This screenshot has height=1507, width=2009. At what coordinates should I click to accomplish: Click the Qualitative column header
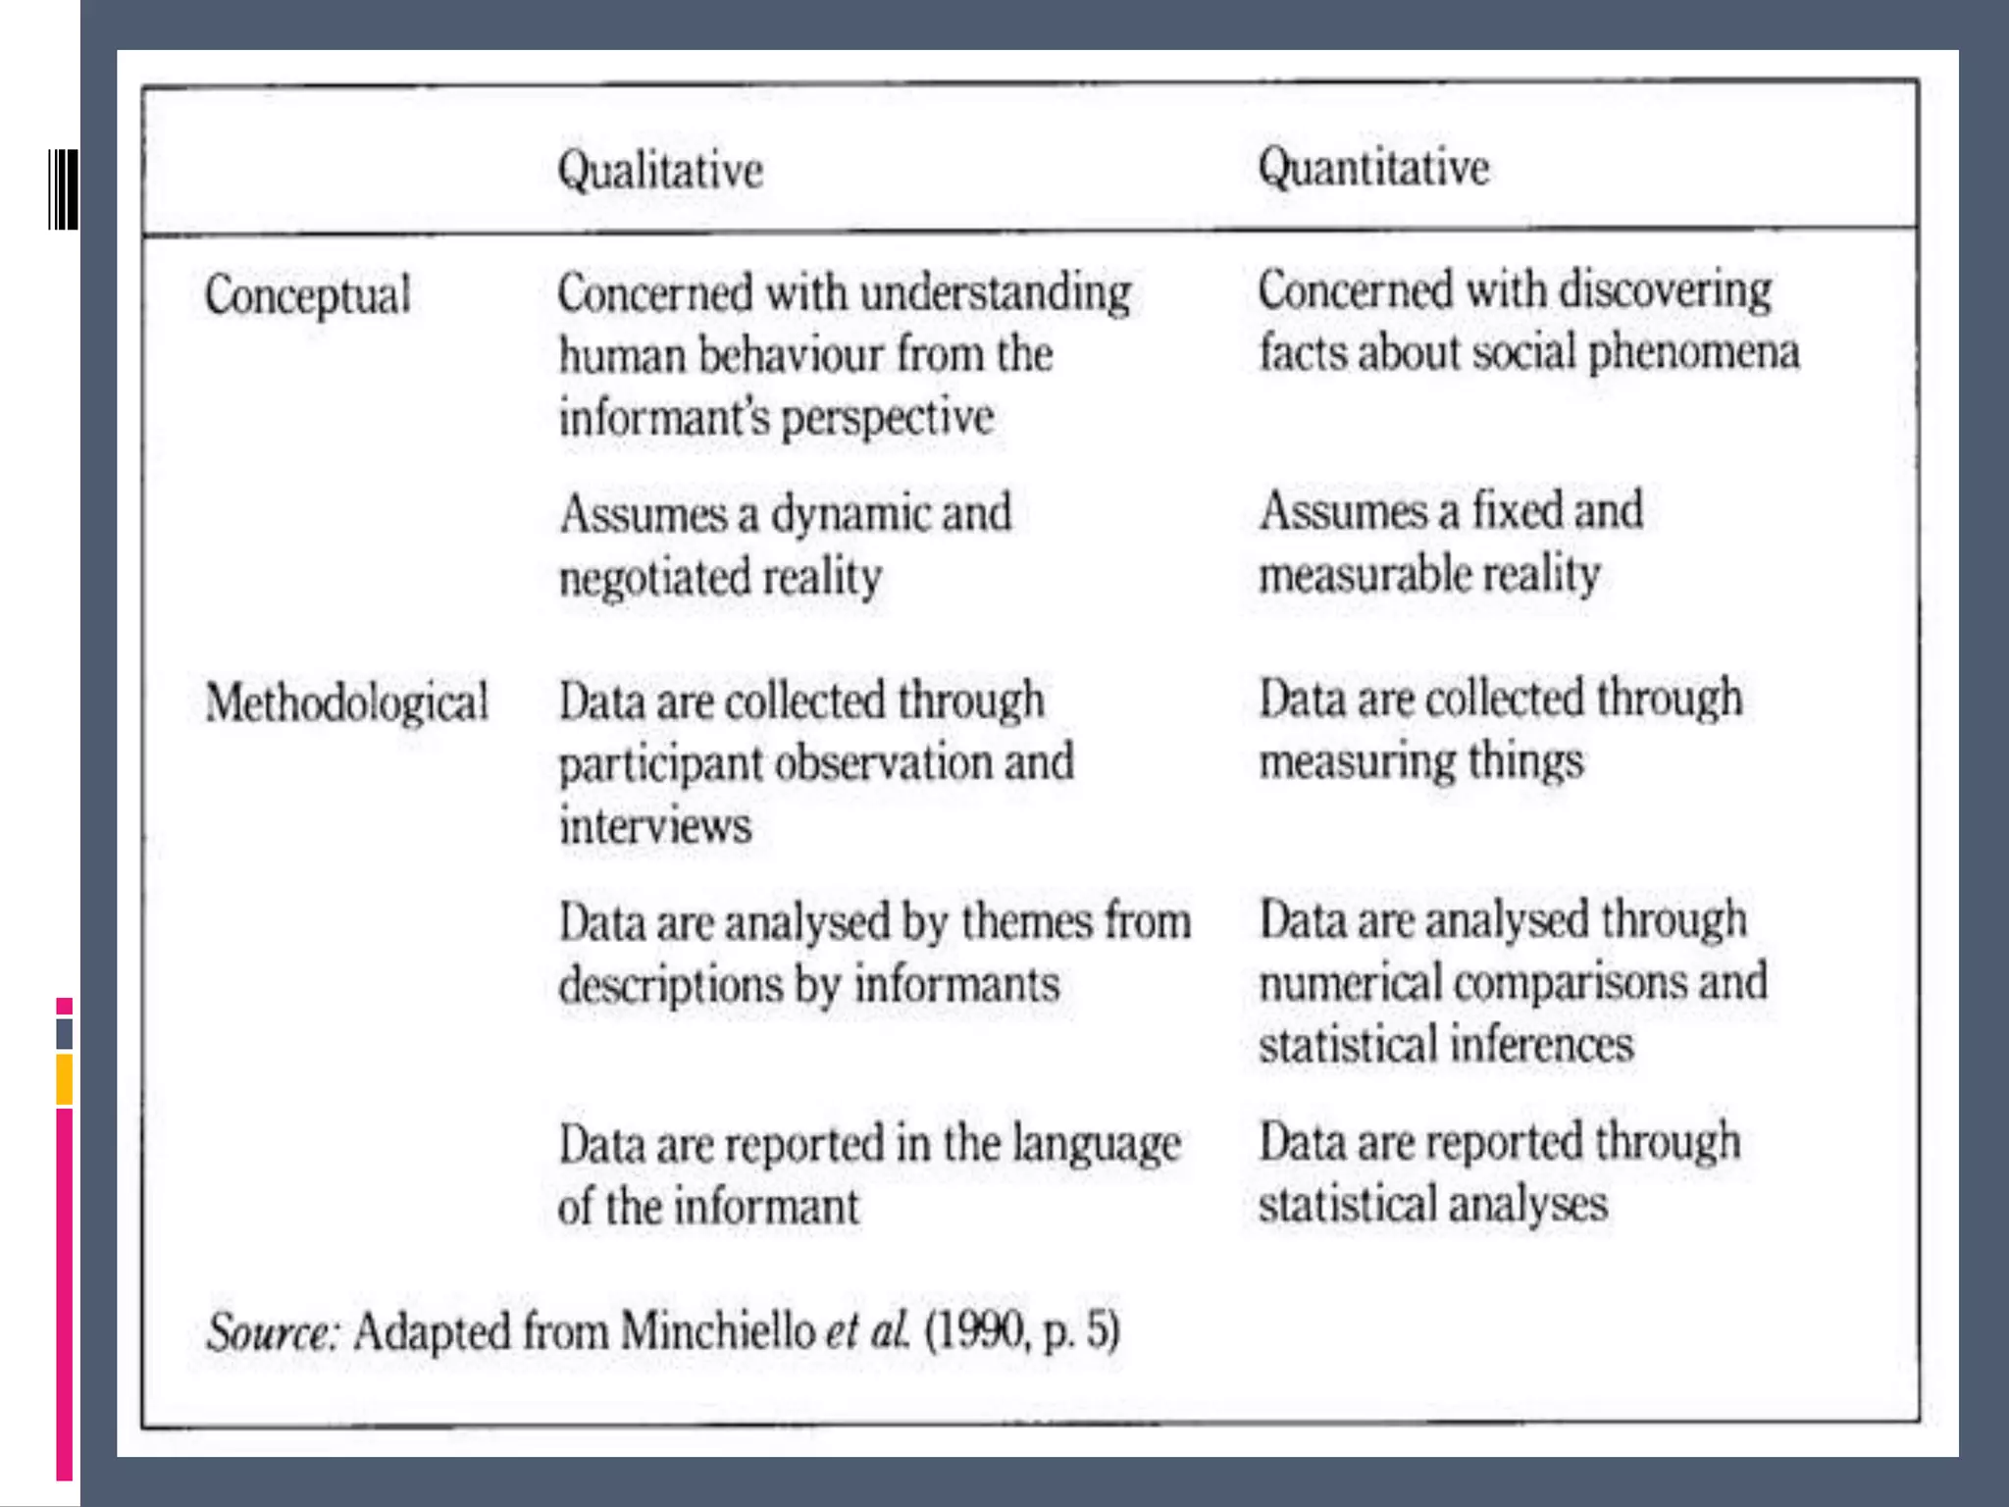click(x=660, y=171)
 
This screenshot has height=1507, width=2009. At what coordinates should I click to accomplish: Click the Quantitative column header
click(x=1373, y=168)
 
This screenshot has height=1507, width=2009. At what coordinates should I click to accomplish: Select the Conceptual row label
click(x=307, y=295)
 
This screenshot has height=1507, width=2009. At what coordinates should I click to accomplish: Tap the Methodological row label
click(x=346, y=703)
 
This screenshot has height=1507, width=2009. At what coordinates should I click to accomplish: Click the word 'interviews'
click(x=655, y=825)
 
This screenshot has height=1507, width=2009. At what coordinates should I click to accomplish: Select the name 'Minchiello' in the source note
click(x=717, y=1331)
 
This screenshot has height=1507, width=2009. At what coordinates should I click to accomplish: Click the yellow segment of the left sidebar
click(x=64, y=1079)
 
